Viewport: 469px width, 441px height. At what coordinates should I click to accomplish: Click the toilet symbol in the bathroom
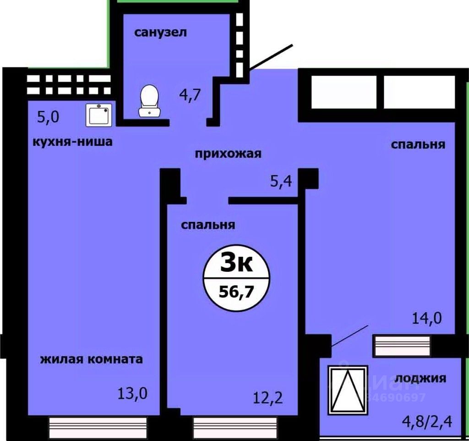(x=149, y=101)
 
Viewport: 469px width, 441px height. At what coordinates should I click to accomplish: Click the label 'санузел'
(x=161, y=33)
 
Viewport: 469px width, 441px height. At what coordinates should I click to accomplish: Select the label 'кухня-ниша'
(x=72, y=142)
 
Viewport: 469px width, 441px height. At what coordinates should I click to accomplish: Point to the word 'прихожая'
(x=228, y=154)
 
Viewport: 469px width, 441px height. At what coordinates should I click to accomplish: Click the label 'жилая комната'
(x=92, y=359)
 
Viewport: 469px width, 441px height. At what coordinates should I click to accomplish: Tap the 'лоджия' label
(x=420, y=378)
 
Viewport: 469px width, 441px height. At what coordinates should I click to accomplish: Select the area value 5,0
(x=48, y=117)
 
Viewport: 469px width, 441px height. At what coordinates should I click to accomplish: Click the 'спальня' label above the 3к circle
(x=208, y=225)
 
